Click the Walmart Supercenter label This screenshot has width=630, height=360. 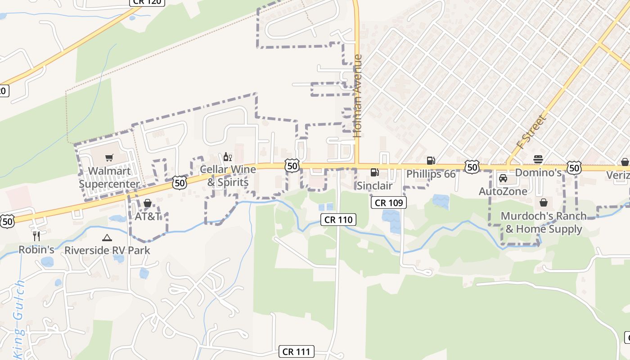(110, 177)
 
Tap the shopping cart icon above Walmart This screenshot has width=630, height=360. (109, 157)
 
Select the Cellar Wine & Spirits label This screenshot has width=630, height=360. (228, 175)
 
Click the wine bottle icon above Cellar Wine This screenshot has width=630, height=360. (227, 157)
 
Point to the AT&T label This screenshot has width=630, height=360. (148, 216)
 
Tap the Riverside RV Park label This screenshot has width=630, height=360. (107, 250)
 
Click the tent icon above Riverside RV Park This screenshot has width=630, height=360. (107, 238)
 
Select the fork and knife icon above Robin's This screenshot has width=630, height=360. (36, 236)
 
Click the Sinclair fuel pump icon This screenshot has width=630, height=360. (374, 172)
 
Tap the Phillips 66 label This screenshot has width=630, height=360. (431, 174)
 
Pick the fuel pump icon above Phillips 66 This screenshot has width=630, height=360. (431, 160)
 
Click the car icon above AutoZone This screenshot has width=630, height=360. (503, 178)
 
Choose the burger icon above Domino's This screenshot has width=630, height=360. (538, 159)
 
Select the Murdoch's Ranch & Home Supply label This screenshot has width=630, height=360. (544, 222)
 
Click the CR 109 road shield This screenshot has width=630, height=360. (389, 202)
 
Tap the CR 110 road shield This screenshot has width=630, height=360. (338, 220)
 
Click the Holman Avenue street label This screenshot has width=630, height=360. (358, 95)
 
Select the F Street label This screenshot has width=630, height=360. (531, 132)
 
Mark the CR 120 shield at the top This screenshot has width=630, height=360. (147, 2)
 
